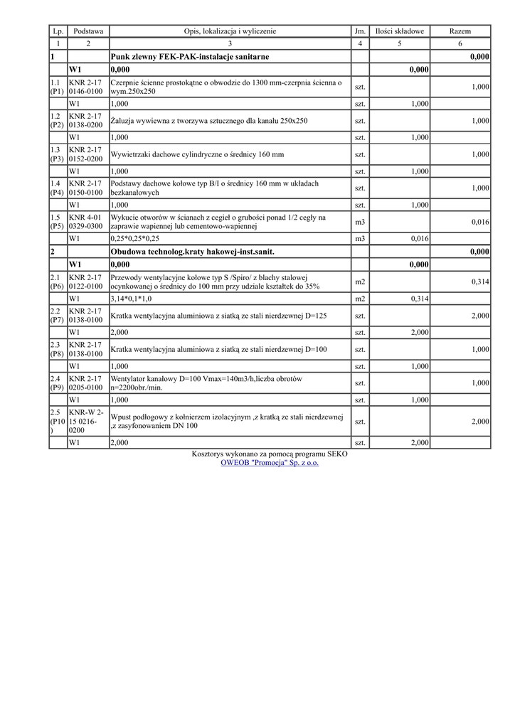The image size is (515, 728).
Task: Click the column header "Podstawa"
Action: [x=88, y=31]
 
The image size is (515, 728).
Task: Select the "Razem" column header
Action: [x=460, y=31]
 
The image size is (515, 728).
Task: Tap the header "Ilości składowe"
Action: [x=400, y=31]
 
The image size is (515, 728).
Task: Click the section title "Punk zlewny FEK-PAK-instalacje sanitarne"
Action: [x=190, y=56]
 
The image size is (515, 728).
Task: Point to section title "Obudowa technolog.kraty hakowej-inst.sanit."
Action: [x=192, y=252]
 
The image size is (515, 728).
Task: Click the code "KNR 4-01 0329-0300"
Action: [x=85, y=222]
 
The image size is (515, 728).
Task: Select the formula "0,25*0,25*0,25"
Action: [x=135, y=239]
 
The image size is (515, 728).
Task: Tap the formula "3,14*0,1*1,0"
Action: [x=132, y=299]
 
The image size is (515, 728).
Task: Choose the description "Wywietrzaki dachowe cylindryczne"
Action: [x=197, y=154]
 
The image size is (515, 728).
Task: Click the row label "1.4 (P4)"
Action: [x=58, y=188]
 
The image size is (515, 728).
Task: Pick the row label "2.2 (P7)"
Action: [x=58, y=316]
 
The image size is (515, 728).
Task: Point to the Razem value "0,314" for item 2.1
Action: [x=480, y=282]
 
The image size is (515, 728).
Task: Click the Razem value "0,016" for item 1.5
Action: [x=480, y=223]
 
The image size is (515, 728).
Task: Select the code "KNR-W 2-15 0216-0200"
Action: [x=86, y=422]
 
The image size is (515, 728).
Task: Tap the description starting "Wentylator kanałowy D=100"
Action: [x=207, y=383]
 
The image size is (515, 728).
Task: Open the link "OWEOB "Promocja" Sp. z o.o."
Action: [x=270, y=463]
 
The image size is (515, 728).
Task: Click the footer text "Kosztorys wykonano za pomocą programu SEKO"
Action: [x=270, y=454]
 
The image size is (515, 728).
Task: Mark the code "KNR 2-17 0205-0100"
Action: [x=85, y=383]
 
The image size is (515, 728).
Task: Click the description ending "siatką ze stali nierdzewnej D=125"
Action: [x=218, y=316]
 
